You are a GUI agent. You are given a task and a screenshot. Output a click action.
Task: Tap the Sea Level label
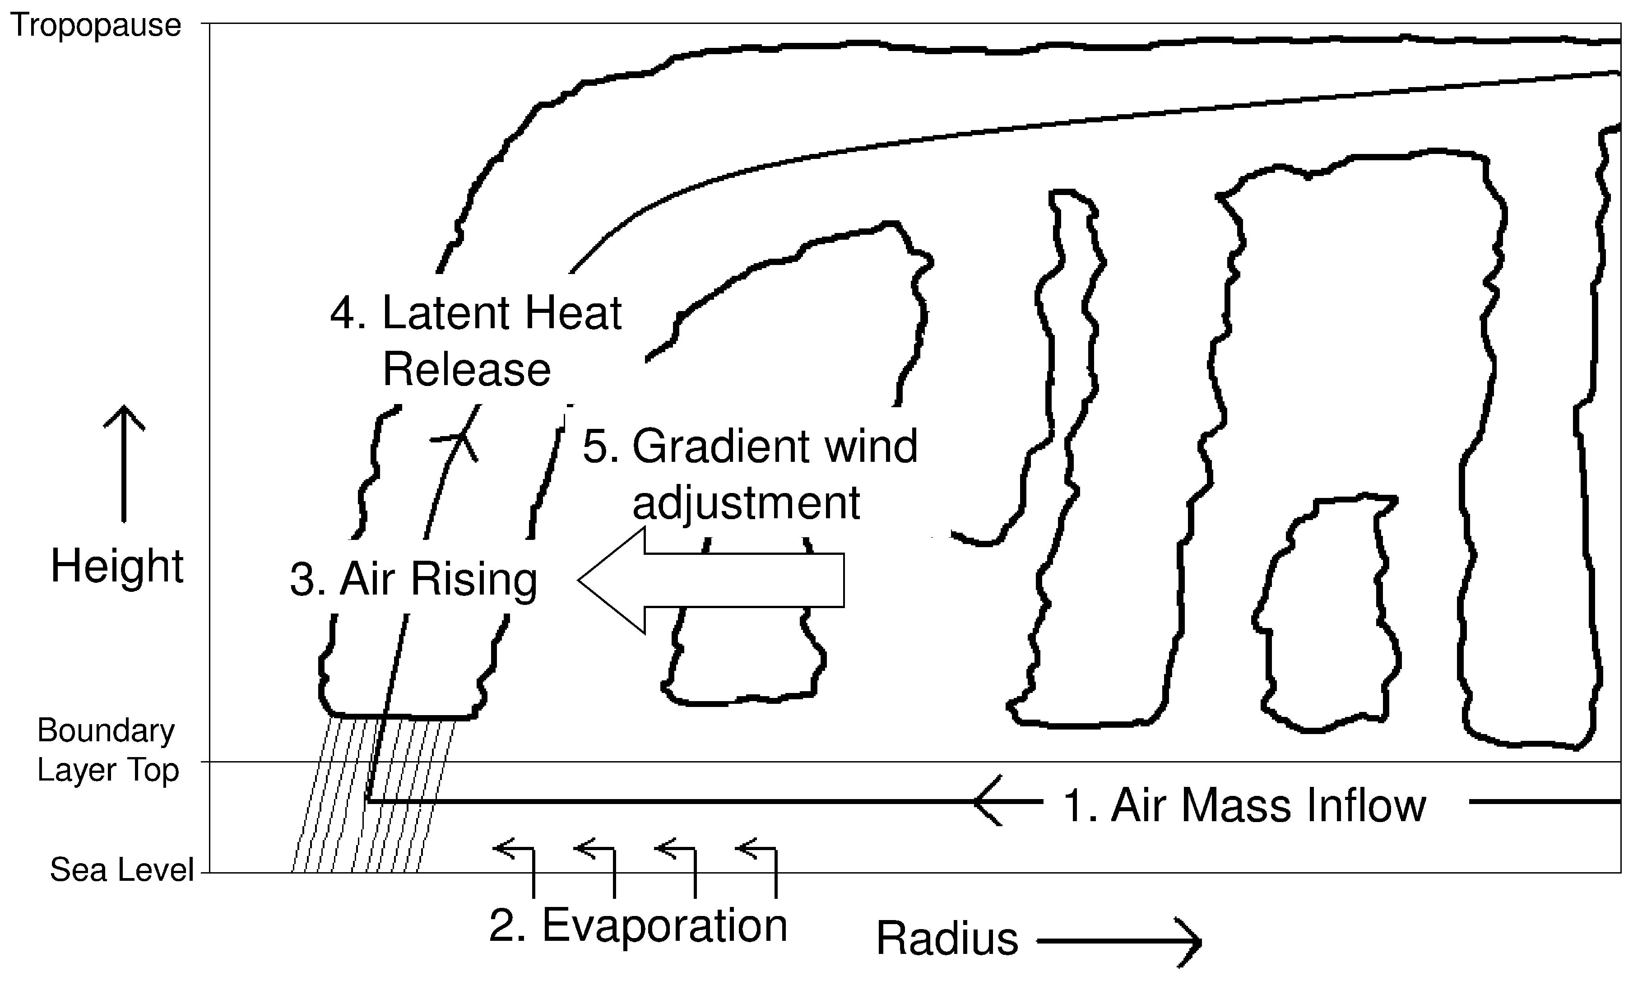click(122, 869)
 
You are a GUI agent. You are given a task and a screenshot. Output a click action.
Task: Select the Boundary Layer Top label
click(107, 750)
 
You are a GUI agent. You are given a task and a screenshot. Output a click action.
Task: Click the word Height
click(117, 567)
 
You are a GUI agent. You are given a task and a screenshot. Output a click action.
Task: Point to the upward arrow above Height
click(124, 463)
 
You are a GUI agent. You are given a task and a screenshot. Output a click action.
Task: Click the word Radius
click(947, 939)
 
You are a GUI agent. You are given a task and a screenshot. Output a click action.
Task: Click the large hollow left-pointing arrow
click(711, 580)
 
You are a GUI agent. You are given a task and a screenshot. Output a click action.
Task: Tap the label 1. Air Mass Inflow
click(1244, 806)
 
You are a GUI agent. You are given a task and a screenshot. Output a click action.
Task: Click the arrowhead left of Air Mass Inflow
click(988, 801)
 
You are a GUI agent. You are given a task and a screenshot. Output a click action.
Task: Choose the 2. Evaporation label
click(638, 925)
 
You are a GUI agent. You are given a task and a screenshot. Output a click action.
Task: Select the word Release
click(467, 369)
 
